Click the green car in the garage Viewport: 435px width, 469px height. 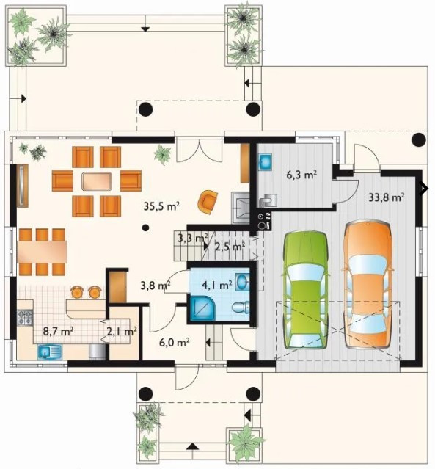[x=306, y=290]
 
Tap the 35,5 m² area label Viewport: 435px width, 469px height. [x=161, y=206]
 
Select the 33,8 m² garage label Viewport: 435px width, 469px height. [x=387, y=197]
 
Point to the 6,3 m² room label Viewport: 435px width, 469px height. [x=301, y=175]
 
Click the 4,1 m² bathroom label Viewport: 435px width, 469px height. [x=217, y=285]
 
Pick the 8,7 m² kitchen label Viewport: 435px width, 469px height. [x=59, y=331]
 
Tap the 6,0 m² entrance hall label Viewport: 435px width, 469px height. [x=175, y=343]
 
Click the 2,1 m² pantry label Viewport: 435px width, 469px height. [x=122, y=331]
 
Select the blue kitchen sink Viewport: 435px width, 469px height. [x=49, y=352]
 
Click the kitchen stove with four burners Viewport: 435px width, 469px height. [x=25, y=318]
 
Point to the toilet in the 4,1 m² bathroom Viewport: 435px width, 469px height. [x=241, y=308]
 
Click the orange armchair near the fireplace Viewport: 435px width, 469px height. [x=208, y=202]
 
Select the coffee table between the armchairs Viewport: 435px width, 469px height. [x=97, y=181]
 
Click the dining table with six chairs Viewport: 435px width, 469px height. [x=42, y=252]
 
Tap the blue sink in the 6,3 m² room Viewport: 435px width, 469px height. [x=265, y=161]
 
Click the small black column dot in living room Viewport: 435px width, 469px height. [x=145, y=228]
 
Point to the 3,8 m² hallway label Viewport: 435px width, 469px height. [x=156, y=286]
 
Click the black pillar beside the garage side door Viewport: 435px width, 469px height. [x=419, y=139]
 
